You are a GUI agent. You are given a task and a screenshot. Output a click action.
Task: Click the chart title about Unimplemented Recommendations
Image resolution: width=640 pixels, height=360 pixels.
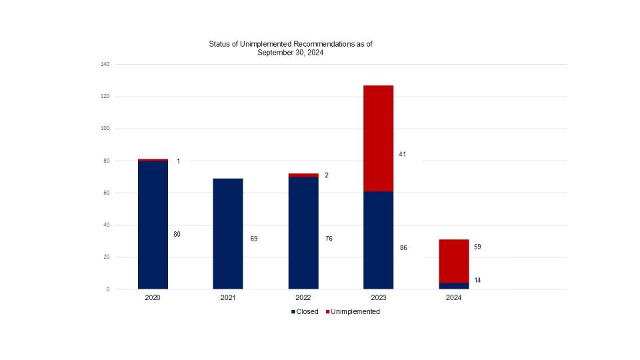click(x=290, y=48)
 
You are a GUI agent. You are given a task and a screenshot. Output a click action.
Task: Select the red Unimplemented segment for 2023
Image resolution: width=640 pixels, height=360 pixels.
click(x=378, y=139)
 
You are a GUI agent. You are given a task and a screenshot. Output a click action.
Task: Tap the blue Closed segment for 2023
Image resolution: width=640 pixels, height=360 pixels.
click(x=378, y=240)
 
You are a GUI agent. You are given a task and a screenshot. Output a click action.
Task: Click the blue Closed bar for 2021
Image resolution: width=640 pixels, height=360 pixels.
click(x=228, y=233)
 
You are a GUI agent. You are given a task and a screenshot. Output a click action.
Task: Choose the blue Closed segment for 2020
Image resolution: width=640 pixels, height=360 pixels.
click(x=153, y=225)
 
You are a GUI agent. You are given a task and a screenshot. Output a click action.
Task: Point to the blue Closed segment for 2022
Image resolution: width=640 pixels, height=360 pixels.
click(x=303, y=233)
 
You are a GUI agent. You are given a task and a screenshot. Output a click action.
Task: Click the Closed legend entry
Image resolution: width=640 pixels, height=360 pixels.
click(x=305, y=311)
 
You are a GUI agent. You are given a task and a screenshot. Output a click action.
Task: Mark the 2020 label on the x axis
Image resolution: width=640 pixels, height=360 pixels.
click(x=153, y=298)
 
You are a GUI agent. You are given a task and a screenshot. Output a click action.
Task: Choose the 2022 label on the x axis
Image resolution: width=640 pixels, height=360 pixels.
click(x=303, y=298)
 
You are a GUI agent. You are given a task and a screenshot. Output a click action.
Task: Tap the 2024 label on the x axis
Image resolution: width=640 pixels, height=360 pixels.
click(x=453, y=298)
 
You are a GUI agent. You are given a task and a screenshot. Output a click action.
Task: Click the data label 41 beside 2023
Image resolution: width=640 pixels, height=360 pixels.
click(x=402, y=154)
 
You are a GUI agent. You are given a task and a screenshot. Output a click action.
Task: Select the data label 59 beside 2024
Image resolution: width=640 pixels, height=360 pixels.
click(x=477, y=247)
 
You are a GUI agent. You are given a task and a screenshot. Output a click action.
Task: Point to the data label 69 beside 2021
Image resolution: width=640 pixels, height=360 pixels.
click(x=254, y=238)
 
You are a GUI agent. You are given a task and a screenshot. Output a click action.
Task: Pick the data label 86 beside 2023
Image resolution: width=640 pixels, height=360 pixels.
click(x=404, y=247)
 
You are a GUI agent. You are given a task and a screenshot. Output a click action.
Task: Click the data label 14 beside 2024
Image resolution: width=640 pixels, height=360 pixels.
click(x=477, y=281)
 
